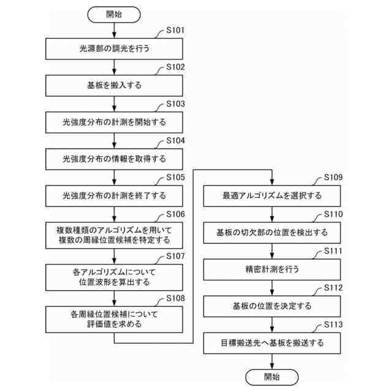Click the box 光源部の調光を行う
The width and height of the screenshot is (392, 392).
(x=114, y=48)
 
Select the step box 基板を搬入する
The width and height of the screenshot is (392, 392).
(x=114, y=85)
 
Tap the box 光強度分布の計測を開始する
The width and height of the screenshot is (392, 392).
(x=114, y=122)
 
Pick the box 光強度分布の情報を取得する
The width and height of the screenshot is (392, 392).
(x=114, y=159)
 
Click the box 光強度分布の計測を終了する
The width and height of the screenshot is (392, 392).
(x=114, y=196)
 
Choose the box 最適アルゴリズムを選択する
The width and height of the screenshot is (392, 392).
(x=271, y=196)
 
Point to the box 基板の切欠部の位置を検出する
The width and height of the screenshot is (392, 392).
(x=271, y=233)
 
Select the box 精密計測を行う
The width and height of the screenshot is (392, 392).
(x=271, y=269)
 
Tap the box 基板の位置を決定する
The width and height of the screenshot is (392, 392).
(x=271, y=306)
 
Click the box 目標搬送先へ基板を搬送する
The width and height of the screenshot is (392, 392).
(x=271, y=343)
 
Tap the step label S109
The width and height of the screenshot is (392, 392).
(x=333, y=178)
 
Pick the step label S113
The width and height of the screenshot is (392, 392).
(x=333, y=325)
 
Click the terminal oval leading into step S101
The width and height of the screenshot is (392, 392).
(x=114, y=13)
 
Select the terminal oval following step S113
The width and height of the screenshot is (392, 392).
(x=271, y=377)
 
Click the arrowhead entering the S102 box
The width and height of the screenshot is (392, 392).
(x=114, y=72)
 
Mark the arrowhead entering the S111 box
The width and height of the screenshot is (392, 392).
(x=271, y=256)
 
